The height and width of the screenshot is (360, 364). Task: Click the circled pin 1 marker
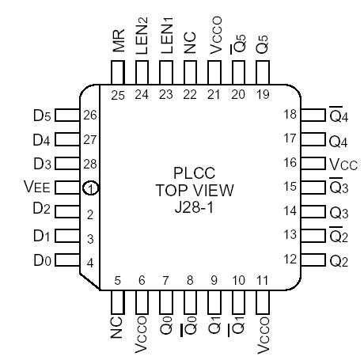click(91, 188)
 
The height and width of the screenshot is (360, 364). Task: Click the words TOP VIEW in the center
click(190, 190)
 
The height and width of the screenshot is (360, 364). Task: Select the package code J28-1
click(190, 207)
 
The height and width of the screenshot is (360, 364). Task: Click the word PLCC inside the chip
click(190, 173)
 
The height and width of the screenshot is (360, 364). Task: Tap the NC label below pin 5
click(117, 326)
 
